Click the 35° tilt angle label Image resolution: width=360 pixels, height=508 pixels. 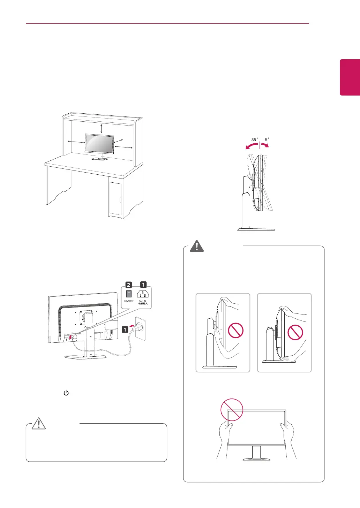coord(254,140)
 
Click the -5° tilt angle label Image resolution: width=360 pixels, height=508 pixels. coord(266,140)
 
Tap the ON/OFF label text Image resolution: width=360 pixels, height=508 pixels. coord(129,301)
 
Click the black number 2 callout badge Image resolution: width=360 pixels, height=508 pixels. coord(129,285)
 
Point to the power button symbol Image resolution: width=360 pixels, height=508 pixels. coord(66,393)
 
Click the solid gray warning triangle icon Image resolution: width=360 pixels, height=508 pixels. coord(197,246)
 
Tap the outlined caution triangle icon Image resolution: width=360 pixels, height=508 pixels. coord(39,423)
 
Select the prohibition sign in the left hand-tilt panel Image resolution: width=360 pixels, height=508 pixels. coord(236,330)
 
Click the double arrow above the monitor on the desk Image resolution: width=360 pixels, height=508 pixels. coord(101,128)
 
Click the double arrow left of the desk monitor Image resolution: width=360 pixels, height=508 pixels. coord(76,142)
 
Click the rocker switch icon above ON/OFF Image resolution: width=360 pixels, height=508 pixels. coord(129,294)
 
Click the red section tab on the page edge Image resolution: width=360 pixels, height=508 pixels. coord(350,77)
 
